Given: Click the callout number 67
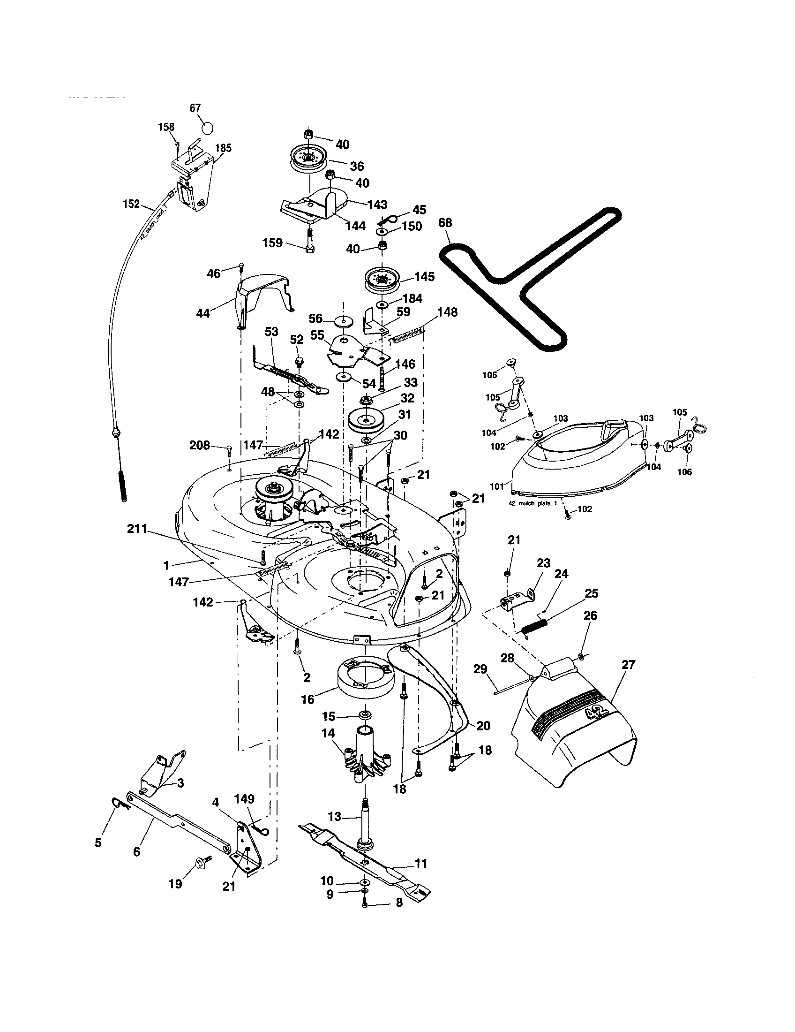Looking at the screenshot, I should pyautogui.click(x=195, y=108).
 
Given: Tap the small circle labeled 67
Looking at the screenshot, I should pyautogui.click(x=207, y=128).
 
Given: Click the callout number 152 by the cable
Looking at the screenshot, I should pyautogui.click(x=131, y=204).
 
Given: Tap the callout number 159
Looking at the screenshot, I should pyautogui.click(x=273, y=243).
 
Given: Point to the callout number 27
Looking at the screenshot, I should pyautogui.click(x=628, y=664).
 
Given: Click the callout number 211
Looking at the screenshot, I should pyautogui.click(x=137, y=529).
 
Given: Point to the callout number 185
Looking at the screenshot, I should pyautogui.click(x=223, y=148).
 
